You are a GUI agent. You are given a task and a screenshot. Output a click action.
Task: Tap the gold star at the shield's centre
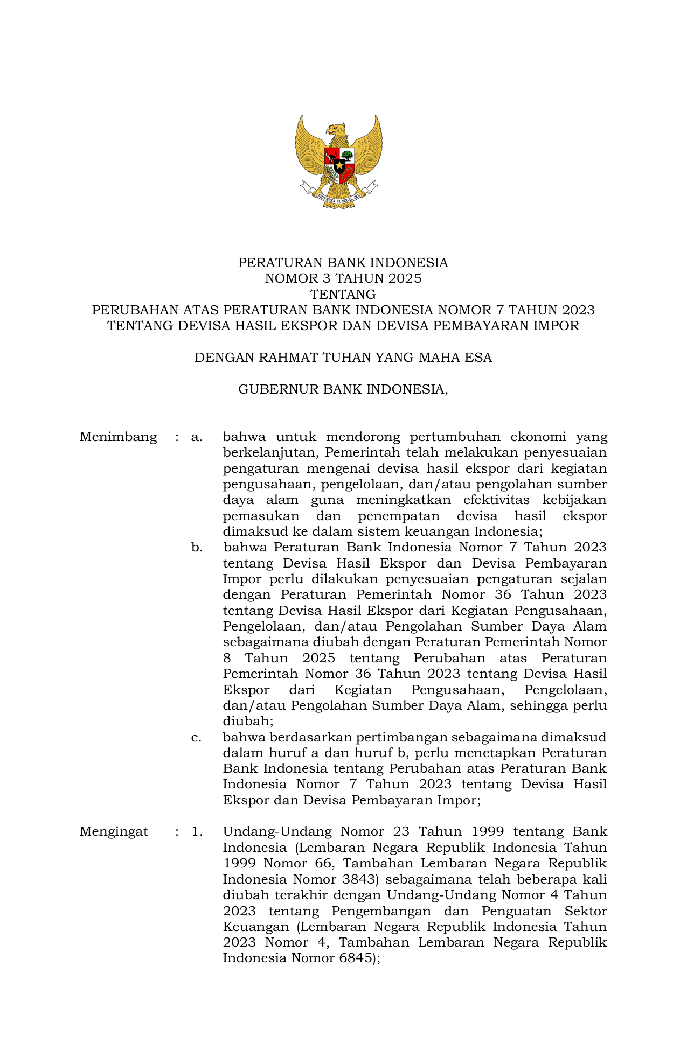[x=339, y=165]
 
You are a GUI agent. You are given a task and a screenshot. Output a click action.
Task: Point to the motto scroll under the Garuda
[x=339, y=198]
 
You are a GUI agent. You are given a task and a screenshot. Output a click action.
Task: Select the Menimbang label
[x=118, y=437]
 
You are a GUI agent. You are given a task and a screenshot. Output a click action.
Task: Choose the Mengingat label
[x=114, y=832]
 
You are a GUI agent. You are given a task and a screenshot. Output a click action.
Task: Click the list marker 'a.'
[x=197, y=437]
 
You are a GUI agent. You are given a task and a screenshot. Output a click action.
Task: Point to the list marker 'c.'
[x=196, y=737]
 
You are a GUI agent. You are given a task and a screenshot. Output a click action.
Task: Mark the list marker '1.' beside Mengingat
[x=197, y=832]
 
